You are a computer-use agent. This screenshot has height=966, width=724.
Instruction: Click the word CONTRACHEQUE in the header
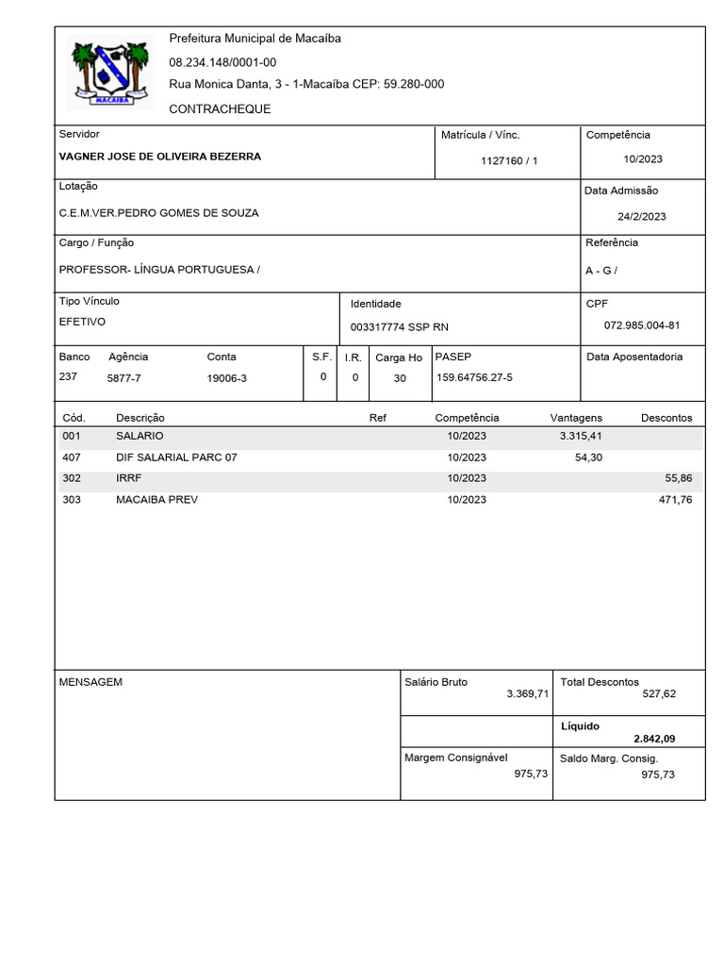220,108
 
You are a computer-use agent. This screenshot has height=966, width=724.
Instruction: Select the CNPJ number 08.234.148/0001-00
222,62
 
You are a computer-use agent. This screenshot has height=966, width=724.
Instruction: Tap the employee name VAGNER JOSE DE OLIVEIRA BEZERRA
160,157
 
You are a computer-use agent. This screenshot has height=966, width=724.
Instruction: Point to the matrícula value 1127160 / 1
509,161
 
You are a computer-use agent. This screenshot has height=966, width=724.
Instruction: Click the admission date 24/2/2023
641,216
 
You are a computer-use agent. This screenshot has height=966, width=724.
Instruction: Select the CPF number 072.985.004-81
641,325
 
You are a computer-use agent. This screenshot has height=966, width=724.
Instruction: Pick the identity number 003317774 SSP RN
400,326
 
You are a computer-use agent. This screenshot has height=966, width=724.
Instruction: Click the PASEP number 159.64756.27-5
474,377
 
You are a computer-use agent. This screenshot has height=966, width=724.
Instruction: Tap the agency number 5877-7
123,377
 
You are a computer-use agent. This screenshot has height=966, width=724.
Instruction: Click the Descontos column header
666,417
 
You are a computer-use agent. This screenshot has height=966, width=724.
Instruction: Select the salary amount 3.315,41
581,436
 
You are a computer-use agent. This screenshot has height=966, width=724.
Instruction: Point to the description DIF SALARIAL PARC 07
176,458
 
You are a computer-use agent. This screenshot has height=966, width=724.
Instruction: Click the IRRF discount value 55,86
679,478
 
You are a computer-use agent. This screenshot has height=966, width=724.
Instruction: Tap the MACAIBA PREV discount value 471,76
675,499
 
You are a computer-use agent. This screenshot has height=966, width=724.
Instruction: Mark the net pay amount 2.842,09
654,738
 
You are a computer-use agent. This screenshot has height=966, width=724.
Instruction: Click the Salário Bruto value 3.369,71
527,693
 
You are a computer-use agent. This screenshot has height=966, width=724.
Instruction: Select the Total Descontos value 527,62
658,693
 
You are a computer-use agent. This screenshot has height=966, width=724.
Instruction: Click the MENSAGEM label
90,681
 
